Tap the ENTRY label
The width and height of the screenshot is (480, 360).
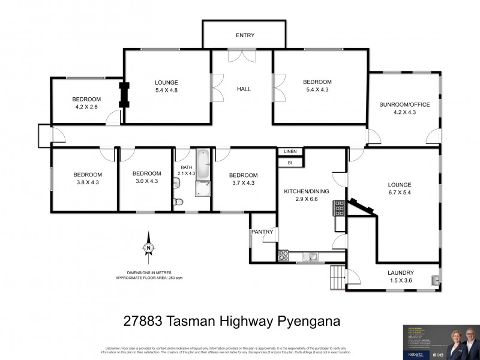(244, 36)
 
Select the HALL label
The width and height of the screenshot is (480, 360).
(244, 89)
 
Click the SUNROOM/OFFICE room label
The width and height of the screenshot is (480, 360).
(404, 104)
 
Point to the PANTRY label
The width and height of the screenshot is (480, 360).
(263, 232)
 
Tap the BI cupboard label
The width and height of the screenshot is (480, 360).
(290, 162)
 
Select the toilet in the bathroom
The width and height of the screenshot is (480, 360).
(176, 202)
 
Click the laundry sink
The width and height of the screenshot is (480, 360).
(435, 279)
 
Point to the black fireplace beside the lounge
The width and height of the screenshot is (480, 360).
(124, 95)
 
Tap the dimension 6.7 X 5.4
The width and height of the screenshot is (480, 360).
(399, 193)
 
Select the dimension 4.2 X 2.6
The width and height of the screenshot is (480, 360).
(86, 107)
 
